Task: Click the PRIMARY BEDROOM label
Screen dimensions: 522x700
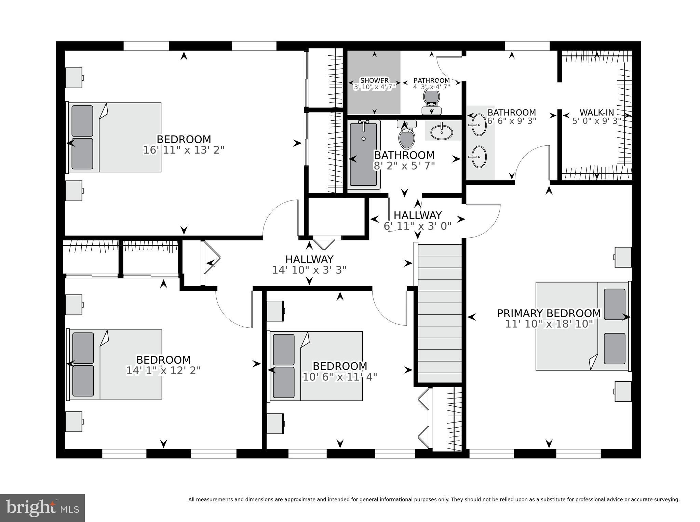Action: (x=549, y=313)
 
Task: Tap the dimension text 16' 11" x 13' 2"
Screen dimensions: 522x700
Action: (x=184, y=150)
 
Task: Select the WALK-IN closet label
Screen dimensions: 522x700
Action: (x=596, y=112)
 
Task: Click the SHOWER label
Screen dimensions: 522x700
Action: (x=374, y=80)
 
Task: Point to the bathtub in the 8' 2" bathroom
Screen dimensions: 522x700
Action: (x=363, y=155)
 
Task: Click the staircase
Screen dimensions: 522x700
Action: (x=440, y=313)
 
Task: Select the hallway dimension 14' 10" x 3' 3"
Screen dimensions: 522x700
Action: (x=309, y=270)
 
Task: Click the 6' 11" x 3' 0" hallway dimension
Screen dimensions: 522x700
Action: (x=417, y=226)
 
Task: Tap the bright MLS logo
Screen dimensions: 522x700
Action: (x=42, y=508)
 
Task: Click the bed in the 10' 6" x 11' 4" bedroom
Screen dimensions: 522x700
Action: (x=316, y=366)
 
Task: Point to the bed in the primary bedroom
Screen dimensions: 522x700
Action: (x=582, y=326)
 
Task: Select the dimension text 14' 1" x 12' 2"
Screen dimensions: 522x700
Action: (x=163, y=370)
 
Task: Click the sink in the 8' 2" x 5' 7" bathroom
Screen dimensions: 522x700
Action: (x=441, y=131)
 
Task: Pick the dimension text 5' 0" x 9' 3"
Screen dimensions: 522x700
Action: (x=596, y=121)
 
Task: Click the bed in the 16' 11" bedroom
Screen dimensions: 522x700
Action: (x=115, y=137)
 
